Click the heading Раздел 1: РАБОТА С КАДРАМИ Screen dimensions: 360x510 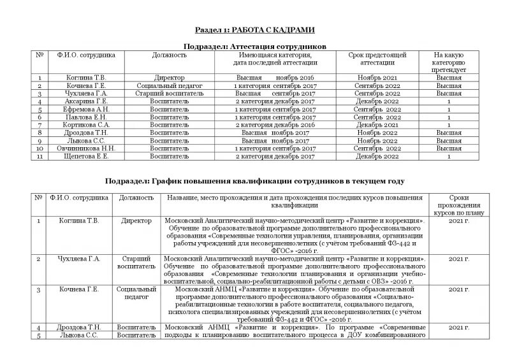click(254, 31)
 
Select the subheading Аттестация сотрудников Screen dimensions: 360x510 click(254, 47)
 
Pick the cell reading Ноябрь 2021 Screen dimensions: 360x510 click(373, 77)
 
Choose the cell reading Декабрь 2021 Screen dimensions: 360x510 click(373, 125)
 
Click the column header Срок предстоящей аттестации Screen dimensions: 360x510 click(373, 59)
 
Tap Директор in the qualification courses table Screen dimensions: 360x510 click(137, 221)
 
